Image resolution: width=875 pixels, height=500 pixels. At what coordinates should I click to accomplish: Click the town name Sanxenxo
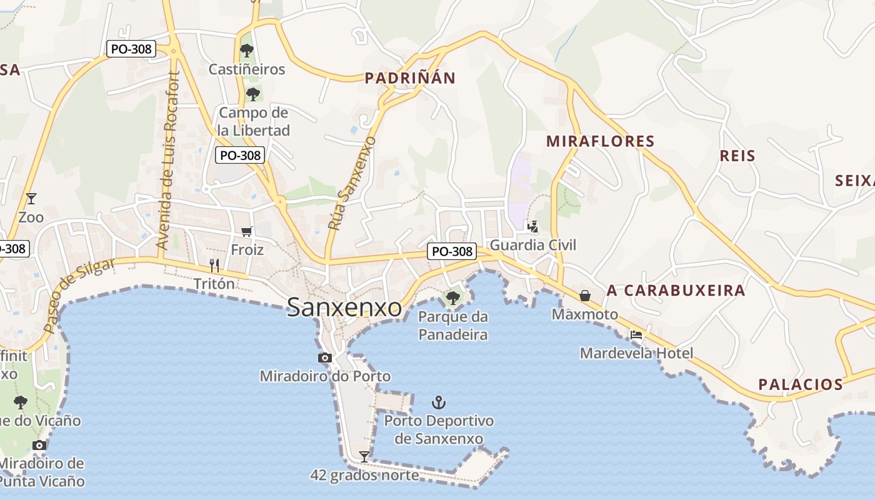click(x=344, y=307)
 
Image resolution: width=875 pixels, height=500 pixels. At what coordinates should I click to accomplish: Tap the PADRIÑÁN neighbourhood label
click(x=410, y=78)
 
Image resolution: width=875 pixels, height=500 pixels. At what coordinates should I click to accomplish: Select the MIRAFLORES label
click(x=601, y=141)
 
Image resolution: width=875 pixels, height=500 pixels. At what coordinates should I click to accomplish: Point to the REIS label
click(x=737, y=156)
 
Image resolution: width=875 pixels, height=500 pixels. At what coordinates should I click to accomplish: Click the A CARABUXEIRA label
click(x=676, y=290)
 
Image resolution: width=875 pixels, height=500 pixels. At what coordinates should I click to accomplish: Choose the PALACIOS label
click(x=801, y=384)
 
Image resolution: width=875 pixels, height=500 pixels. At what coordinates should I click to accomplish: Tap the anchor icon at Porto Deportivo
click(x=439, y=402)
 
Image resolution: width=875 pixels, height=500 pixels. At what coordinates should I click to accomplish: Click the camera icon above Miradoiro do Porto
click(x=325, y=357)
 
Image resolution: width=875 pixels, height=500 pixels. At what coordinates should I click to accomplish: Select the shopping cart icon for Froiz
click(x=247, y=231)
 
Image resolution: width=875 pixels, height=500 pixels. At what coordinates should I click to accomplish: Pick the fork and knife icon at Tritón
click(x=214, y=265)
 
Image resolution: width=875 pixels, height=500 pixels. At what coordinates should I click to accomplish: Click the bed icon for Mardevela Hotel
click(x=636, y=334)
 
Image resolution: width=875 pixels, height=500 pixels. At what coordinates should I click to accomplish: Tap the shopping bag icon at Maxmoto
click(x=585, y=295)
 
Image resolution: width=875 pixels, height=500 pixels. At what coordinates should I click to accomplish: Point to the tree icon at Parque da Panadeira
click(x=453, y=297)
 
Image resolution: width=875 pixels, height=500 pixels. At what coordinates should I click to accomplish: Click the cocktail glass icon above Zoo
click(x=31, y=199)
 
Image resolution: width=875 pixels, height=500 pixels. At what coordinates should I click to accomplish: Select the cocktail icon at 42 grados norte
click(x=364, y=456)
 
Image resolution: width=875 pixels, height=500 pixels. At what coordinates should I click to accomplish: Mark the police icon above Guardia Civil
click(x=532, y=226)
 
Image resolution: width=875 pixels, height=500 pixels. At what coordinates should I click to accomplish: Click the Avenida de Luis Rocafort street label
click(x=169, y=161)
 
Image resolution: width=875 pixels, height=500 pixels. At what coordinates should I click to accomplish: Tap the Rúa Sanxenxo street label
click(x=352, y=183)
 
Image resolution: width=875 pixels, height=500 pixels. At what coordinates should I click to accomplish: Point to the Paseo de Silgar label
click(x=79, y=295)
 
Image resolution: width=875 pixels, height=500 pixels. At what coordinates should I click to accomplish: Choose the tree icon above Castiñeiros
click(x=247, y=50)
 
